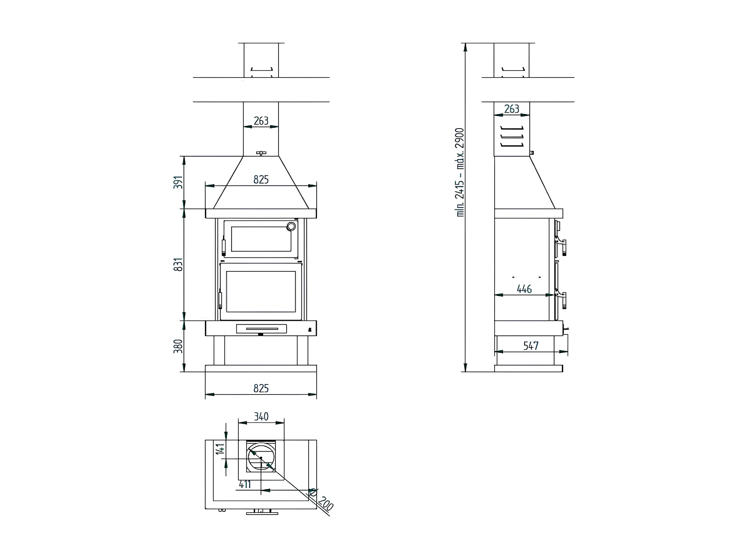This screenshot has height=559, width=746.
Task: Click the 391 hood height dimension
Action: [178, 182]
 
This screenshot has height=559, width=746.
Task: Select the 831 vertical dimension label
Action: [178, 264]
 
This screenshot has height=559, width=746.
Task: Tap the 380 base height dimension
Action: [178, 346]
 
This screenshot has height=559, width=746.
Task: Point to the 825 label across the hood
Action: [261, 180]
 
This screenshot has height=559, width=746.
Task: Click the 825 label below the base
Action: [261, 389]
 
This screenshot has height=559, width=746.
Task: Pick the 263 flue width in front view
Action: [261, 121]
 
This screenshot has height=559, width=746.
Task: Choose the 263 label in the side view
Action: [512, 109]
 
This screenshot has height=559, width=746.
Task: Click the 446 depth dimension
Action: [524, 289]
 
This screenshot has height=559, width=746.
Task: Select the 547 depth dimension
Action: [531, 346]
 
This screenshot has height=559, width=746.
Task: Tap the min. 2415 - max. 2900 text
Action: [460, 172]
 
